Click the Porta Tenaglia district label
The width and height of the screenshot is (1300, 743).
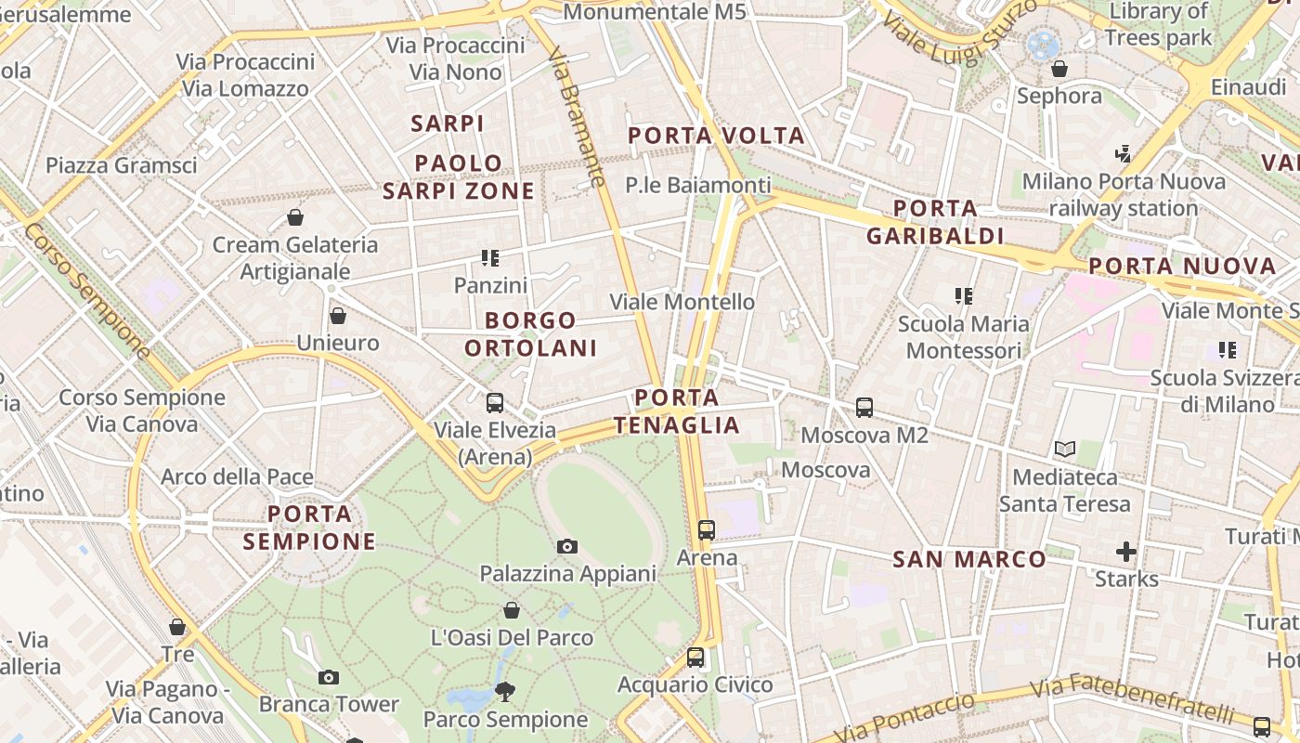(x=677, y=411)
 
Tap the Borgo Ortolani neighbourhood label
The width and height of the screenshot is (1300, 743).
(x=530, y=334)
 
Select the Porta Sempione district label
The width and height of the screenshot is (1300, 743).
(x=309, y=527)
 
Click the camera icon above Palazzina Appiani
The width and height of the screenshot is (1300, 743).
(x=567, y=546)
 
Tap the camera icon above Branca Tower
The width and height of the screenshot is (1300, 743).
(x=328, y=677)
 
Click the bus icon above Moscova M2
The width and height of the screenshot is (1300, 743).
(x=864, y=407)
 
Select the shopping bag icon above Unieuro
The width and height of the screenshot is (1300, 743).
(x=338, y=316)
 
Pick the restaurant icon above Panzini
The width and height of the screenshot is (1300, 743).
(x=490, y=258)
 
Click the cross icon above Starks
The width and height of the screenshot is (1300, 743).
(x=1126, y=553)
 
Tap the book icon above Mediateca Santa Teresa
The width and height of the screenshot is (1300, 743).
(x=1065, y=450)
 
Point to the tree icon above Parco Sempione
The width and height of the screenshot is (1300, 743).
(x=505, y=691)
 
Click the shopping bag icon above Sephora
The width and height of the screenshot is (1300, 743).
(x=1059, y=69)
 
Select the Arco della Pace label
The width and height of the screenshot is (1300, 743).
(x=237, y=477)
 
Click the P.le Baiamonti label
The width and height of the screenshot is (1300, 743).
(x=698, y=185)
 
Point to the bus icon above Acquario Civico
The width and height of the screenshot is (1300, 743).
(x=695, y=658)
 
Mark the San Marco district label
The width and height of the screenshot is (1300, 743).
(x=969, y=559)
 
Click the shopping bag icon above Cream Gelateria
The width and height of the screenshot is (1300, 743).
(x=295, y=217)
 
